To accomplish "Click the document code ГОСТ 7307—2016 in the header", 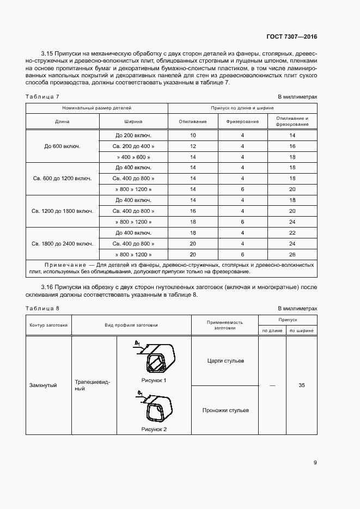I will (x=292, y=37).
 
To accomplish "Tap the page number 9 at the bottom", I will (x=315, y=463).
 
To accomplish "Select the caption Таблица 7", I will (x=42, y=96).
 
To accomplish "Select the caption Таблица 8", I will (x=42, y=309).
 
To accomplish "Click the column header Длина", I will (x=63, y=122).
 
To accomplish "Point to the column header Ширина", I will (x=133, y=122).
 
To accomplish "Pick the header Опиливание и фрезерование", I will (x=292, y=121).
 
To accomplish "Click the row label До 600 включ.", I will (x=63, y=146).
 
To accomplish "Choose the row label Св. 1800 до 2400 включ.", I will (x=63, y=243).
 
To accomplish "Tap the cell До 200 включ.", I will (x=133, y=135).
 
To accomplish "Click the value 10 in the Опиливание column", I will (x=193, y=135).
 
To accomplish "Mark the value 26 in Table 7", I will (x=292, y=254).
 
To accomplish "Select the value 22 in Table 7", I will (x=292, y=232).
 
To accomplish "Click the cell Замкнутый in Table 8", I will (x=43, y=385).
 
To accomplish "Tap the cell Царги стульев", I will (x=225, y=361).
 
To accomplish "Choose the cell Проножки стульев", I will (x=225, y=410).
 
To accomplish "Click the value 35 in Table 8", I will (x=302, y=385).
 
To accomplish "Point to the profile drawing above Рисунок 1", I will (x=155, y=358).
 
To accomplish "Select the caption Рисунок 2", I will (x=154, y=429).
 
